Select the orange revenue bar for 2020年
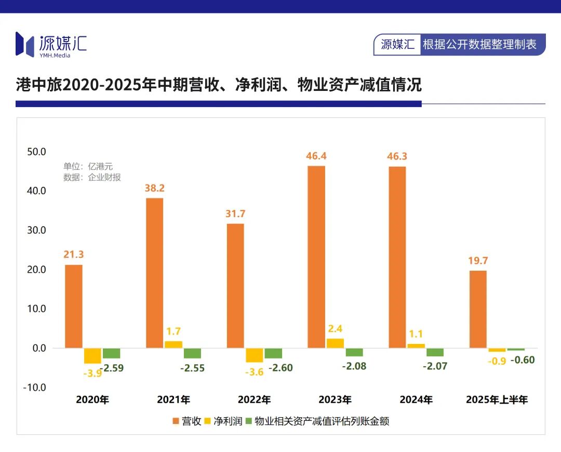(74, 306)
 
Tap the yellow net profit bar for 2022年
(254, 355)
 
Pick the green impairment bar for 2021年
(192, 353)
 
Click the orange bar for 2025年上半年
(478, 309)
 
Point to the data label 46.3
(397, 156)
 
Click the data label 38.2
(154, 188)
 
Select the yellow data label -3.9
(92, 372)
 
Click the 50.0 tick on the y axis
(36, 152)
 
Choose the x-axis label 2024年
(416, 400)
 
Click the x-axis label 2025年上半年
(497, 400)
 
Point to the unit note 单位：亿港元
(88, 166)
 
